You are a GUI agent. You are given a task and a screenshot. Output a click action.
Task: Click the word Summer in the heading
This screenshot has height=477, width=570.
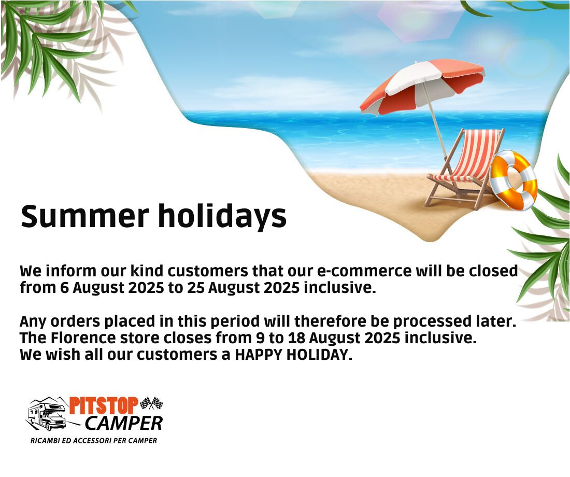click(84, 216)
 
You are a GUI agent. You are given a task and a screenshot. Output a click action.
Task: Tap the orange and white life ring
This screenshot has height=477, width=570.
click(514, 180)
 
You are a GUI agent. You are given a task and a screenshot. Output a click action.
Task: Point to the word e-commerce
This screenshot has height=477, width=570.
click(364, 272)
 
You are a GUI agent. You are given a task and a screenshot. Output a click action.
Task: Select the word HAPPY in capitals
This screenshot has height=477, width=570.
click(258, 355)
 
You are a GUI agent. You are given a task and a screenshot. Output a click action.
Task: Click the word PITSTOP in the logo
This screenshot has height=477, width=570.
click(104, 405)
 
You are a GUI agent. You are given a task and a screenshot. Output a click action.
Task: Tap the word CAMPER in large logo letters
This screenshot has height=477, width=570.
click(124, 423)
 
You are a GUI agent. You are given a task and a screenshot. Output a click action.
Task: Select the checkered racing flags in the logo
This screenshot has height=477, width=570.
click(151, 403)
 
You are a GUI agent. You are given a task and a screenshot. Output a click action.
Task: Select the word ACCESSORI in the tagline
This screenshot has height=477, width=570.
click(92, 441)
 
